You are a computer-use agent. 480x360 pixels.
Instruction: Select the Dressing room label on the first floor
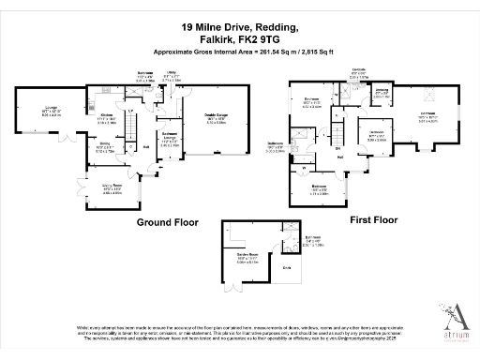(382, 91)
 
